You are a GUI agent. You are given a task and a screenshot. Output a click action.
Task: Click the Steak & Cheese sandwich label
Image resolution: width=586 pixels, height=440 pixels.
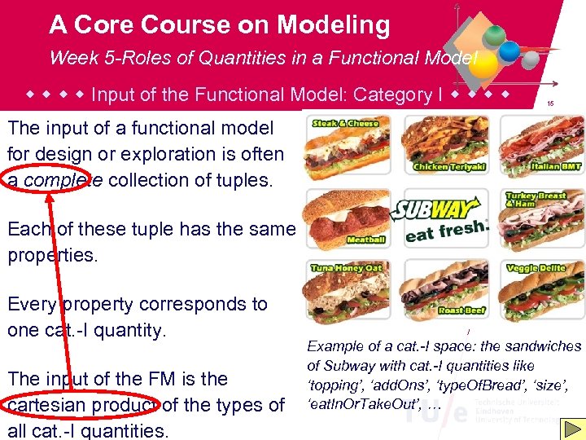tap(345, 123)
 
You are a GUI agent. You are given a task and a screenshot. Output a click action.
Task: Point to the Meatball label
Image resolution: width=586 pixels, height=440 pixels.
tap(365, 240)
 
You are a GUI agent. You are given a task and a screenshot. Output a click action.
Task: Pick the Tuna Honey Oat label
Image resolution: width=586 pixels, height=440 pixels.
tap(345, 268)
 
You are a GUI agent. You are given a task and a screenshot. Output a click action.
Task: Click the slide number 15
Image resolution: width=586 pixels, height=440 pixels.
tap(550, 103)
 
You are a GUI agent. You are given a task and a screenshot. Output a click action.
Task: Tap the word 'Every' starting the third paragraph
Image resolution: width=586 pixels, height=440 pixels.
tap(33, 304)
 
